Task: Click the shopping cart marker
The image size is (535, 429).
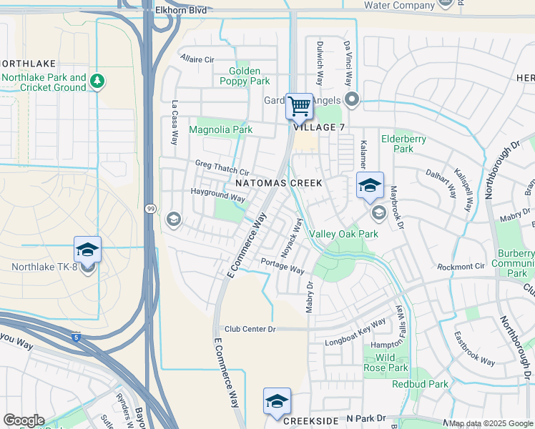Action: click(300, 106)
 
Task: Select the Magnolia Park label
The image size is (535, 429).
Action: click(220, 130)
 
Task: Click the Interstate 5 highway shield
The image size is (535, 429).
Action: click(78, 337)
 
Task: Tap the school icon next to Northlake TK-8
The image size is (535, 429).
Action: click(87, 250)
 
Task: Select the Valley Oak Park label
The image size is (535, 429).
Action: click(343, 234)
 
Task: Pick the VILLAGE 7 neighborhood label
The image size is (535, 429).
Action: click(314, 127)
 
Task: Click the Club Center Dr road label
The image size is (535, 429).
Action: click(250, 329)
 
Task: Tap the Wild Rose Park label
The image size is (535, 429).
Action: click(391, 363)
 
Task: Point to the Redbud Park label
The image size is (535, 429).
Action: click(420, 384)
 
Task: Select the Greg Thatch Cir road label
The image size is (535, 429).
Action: click(222, 167)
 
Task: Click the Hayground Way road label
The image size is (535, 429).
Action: click(218, 194)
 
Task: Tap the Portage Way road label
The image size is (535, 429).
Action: click(283, 265)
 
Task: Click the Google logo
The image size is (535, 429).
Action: click(24, 420)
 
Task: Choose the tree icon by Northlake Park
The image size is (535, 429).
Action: click(98, 82)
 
